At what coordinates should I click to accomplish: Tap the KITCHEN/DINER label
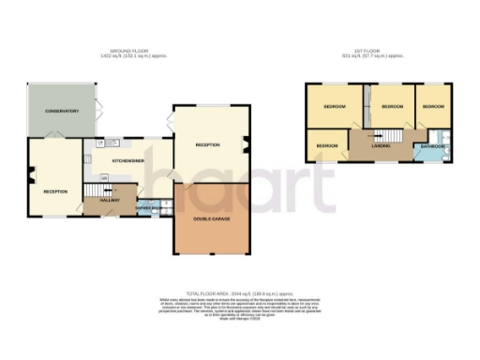(x=127, y=160)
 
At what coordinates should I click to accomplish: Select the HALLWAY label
(x=109, y=199)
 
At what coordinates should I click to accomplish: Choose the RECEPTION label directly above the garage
(x=207, y=145)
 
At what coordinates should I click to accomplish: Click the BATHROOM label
(x=432, y=146)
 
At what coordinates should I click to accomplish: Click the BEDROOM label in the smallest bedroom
(x=326, y=146)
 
